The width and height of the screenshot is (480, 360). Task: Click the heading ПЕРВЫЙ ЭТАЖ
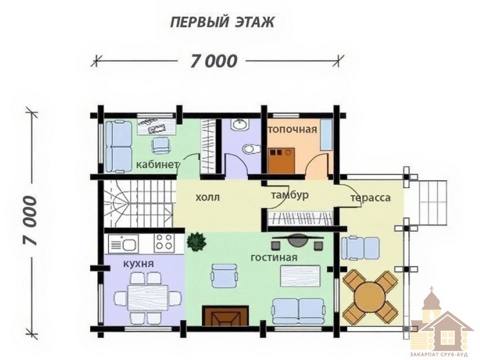[x=222, y=22]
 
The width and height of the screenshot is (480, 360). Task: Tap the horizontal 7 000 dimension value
[x=214, y=61]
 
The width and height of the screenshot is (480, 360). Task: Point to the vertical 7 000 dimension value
[x=30, y=220]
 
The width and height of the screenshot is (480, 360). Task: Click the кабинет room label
[x=157, y=165]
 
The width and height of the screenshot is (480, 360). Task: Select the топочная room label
[x=293, y=130]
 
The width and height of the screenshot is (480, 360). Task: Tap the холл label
[x=208, y=197]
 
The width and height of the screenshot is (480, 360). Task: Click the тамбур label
[x=290, y=195]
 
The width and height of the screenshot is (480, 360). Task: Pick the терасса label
[x=370, y=198]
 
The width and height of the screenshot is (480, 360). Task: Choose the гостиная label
[x=274, y=257]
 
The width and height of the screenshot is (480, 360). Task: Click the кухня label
[x=139, y=263]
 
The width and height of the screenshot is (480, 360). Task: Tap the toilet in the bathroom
[x=251, y=149]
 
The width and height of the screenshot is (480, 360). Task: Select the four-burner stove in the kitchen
[x=164, y=243]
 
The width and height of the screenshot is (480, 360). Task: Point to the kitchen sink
[x=124, y=244]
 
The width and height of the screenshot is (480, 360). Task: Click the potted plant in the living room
[x=196, y=242]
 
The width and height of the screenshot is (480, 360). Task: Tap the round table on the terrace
[x=370, y=296]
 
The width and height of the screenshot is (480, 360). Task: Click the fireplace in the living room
[x=225, y=316]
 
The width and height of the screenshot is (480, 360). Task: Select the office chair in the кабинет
[x=160, y=145]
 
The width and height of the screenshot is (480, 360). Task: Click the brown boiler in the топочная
[x=281, y=161]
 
